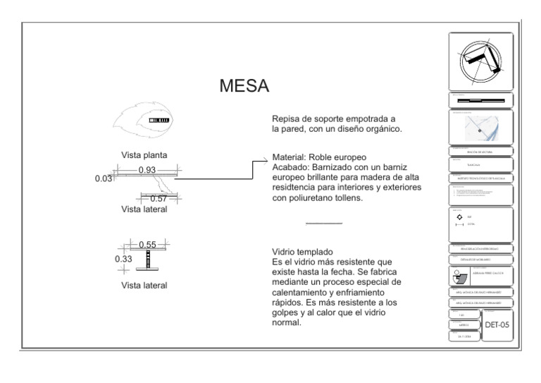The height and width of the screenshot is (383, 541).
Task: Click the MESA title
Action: click(x=244, y=86)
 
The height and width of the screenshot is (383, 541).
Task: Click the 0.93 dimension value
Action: click(x=147, y=170)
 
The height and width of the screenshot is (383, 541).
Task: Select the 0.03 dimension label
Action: click(x=103, y=179)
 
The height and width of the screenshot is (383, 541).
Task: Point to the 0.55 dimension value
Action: click(x=147, y=244)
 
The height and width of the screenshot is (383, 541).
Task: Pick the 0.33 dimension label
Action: click(x=123, y=259)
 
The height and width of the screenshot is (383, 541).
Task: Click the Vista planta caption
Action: click(x=144, y=154)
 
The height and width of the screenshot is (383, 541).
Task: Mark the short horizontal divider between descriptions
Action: click(x=324, y=224)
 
